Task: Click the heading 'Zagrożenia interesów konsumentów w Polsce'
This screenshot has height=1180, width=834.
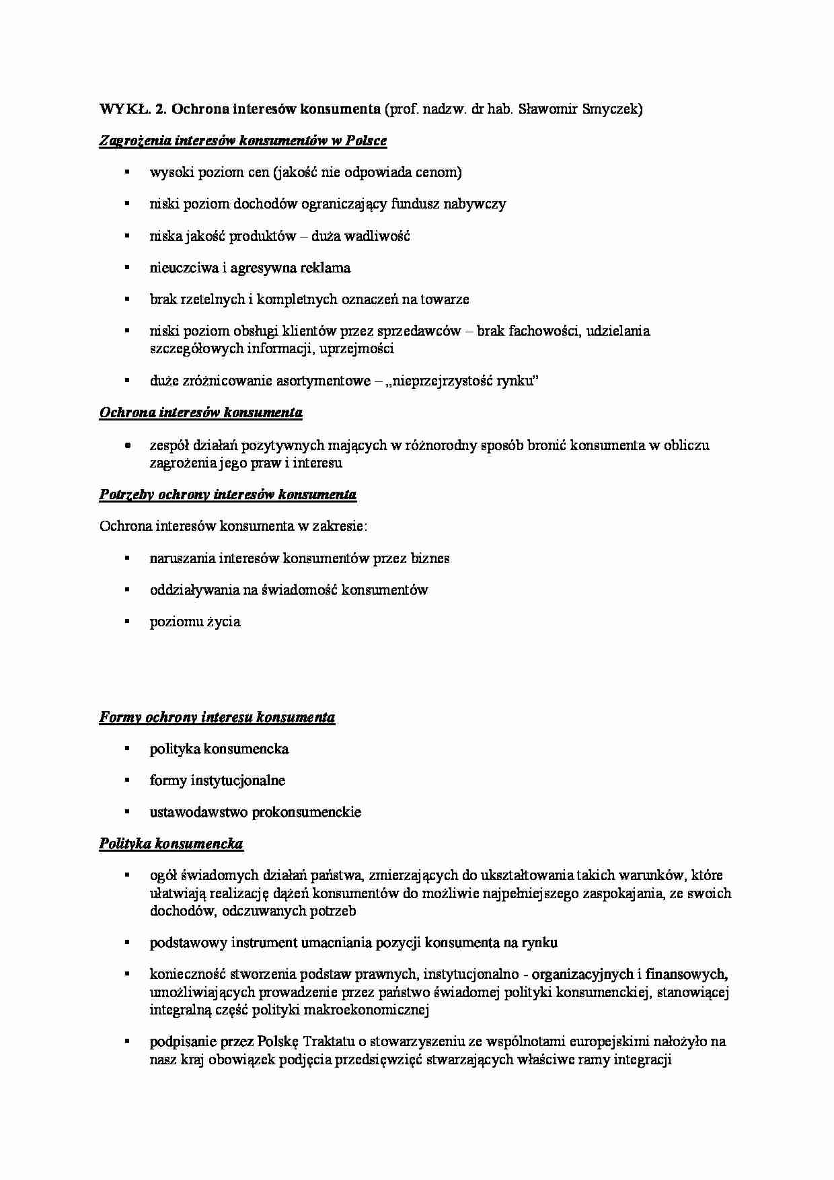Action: (243, 141)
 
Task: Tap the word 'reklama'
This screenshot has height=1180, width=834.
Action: (327, 268)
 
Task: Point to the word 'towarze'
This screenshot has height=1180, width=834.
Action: (445, 299)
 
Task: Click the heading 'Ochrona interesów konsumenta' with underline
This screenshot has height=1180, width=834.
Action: (200, 413)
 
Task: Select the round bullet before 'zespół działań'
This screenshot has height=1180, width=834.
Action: (126, 445)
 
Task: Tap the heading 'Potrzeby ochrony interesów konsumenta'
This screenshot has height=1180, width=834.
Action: (227, 495)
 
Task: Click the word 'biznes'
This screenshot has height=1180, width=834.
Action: (430, 558)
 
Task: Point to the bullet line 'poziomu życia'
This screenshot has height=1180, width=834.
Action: (195, 622)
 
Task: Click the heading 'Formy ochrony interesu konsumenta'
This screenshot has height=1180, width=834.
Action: (217, 718)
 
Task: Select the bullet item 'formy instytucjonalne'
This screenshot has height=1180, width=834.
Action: (217, 780)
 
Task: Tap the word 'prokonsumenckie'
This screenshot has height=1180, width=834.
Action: (307, 812)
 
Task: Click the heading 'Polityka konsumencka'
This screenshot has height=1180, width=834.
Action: (171, 844)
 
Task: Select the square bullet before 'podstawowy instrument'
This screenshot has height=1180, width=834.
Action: (126, 943)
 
